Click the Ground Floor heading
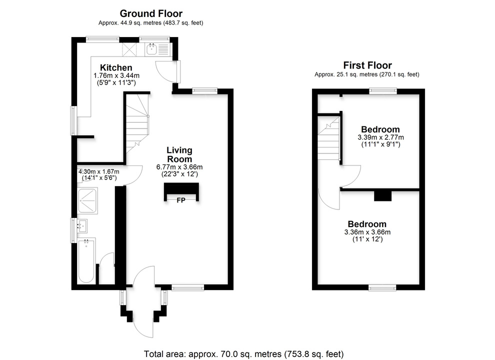coord(150,14)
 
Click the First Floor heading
coord(367,65)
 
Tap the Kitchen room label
coord(116,67)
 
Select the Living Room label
coord(179,154)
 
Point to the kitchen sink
coord(151,49)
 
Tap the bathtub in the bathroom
coord(86,261)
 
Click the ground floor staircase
coord(137,122)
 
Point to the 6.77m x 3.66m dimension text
coord(179,167)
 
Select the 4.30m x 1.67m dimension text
coord(98,171)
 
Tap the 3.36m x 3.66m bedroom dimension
coord(367,232)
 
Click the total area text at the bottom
coord(244,353)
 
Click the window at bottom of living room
coord(187,287)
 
